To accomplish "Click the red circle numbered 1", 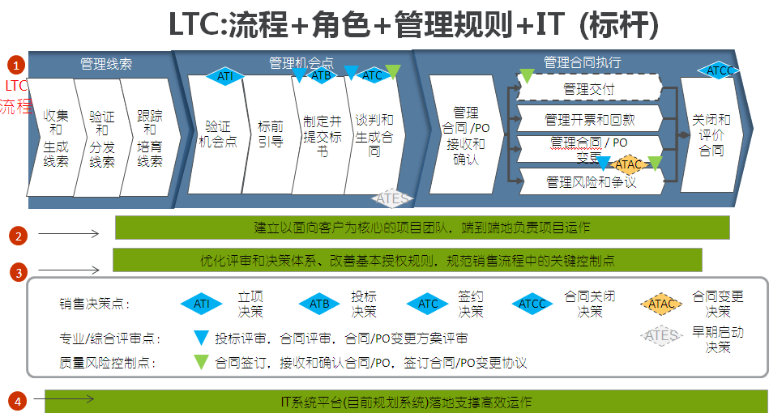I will coord(18,65).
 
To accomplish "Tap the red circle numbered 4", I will coord(18,400).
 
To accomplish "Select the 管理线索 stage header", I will coord(106,63).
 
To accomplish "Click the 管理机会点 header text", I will coord(301,62).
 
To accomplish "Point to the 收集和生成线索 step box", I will coord(53,138).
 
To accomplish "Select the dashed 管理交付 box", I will coord(588,87).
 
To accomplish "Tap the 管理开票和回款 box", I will coord(590,119).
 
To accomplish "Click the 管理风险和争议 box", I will coord(590,182).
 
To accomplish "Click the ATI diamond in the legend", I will coord(201,304).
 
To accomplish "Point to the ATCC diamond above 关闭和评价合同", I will coord(720,71).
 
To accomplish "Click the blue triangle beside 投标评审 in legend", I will coord(201,338).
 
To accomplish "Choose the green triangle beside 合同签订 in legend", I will coord(201,363).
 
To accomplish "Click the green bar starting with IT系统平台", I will coord(405,402).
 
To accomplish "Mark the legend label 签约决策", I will coord(471,304).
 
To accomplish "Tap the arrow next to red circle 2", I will coord(68,235).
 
